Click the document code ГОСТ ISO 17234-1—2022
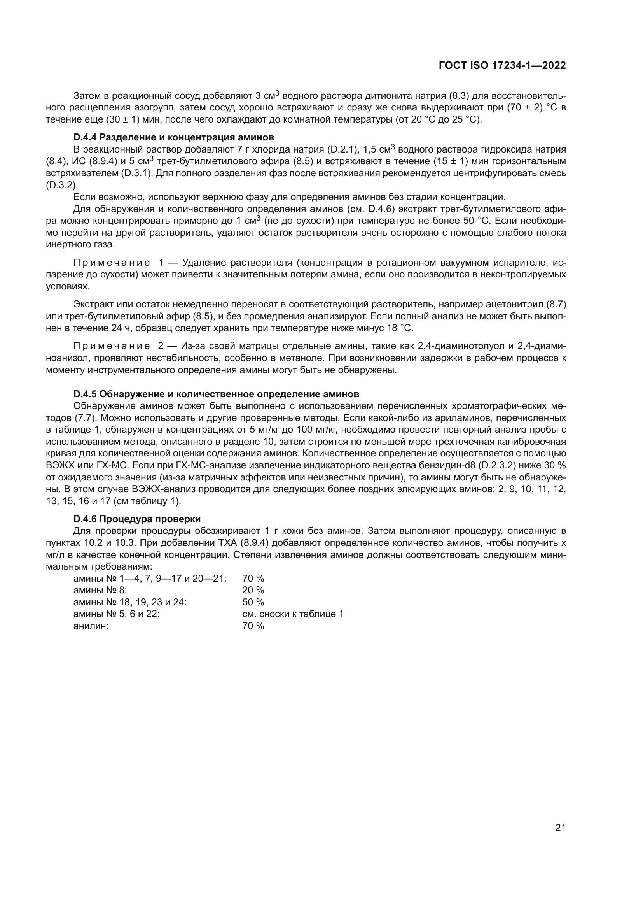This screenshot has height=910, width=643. [x=502, y=66]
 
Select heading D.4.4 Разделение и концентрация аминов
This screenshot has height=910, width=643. [x=173, y=137]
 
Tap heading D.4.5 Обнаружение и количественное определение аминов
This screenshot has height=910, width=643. [x=216, y=394]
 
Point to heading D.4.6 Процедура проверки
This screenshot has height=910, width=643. [x=137, y=519]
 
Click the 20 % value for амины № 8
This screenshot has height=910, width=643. [x=253, y=590]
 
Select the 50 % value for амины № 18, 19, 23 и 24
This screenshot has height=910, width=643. [x=253, y=602]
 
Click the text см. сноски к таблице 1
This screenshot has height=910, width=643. [x=293, y=614]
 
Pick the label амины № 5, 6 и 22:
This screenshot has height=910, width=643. [x=116, y=614]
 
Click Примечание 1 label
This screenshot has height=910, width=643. [x=119, y=263]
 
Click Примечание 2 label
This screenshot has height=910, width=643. [x=119, y=346]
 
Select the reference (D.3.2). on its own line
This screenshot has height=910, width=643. [x=62, y=185]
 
